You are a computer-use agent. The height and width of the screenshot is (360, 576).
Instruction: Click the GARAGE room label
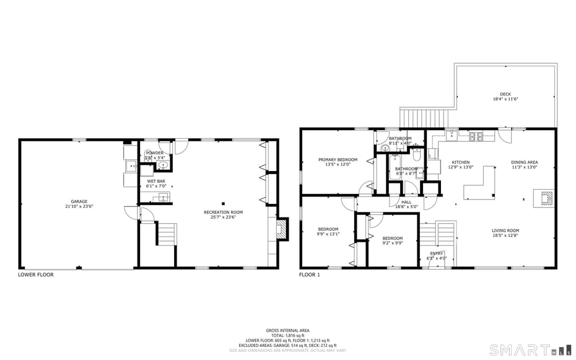78,201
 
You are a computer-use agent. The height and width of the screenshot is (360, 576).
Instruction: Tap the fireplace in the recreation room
282,229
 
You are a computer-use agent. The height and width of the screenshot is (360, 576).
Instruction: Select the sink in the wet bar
164,197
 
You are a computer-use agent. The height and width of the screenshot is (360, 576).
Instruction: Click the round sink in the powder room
163,165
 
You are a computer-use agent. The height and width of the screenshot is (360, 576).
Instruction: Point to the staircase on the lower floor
166,235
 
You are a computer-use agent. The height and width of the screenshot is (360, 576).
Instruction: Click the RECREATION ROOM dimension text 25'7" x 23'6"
223,217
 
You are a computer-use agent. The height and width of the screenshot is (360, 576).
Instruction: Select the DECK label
505,94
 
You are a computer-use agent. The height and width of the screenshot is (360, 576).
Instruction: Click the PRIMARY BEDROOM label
338,160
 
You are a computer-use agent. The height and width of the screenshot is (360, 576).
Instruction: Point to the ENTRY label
437,253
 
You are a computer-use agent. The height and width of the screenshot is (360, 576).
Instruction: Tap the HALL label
406,201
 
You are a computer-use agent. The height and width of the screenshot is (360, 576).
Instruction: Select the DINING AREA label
524,162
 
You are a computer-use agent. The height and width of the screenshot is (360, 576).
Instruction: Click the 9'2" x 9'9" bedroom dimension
392,243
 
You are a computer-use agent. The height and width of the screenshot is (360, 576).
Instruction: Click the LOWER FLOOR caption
36,274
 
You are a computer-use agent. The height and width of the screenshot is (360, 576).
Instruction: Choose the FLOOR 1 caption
310,274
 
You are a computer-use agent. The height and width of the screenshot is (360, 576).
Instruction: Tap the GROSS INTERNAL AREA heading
287,330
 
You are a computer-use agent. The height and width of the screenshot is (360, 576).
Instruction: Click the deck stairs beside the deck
424,117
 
